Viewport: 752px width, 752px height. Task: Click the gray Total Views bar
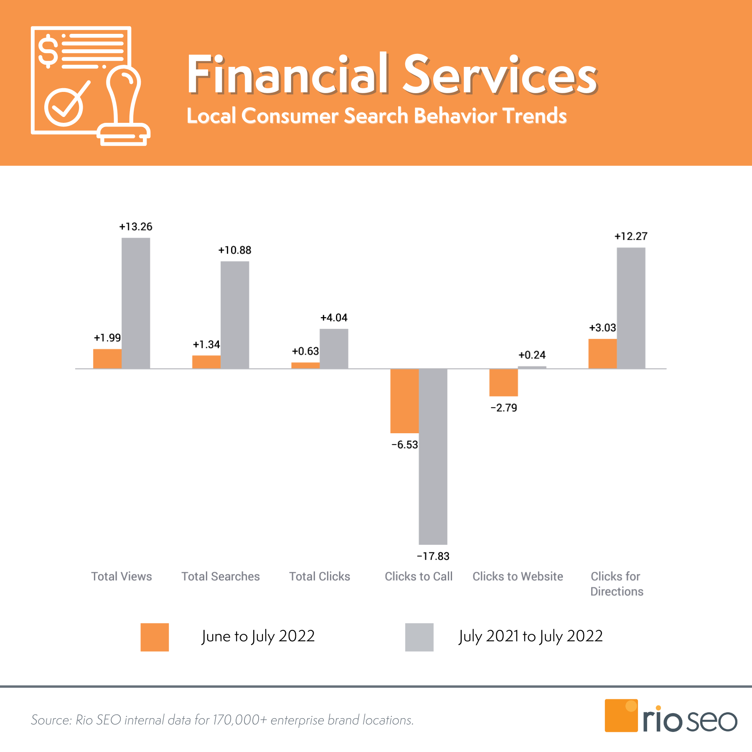coord(136,303)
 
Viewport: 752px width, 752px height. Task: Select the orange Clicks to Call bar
coord(404,401)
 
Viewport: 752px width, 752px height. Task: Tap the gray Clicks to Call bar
coord(433,456)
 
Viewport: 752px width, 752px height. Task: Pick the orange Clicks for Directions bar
coord(602,353)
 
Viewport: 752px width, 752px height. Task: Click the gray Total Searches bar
coord(235,315)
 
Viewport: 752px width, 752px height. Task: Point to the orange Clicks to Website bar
coord(503,382)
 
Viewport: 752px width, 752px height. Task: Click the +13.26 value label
coord(136,227)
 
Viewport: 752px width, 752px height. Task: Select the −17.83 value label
coord(433,556)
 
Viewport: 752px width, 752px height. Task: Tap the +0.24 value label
coord(532,355)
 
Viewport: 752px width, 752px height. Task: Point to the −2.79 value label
coord(504,408)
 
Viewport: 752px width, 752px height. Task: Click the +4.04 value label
coord(334,318)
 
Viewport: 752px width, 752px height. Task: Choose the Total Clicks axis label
coord(320,577)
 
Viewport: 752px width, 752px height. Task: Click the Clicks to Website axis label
coord(518,577)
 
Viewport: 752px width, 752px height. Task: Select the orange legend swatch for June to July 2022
coord(155,637)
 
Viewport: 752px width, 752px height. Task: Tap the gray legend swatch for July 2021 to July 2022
coord(419,637)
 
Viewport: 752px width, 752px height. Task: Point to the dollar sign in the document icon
coord(48,51)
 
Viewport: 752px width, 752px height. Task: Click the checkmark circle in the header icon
coord(64,107)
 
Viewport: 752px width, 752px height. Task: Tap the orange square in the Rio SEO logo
coord(621,716)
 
